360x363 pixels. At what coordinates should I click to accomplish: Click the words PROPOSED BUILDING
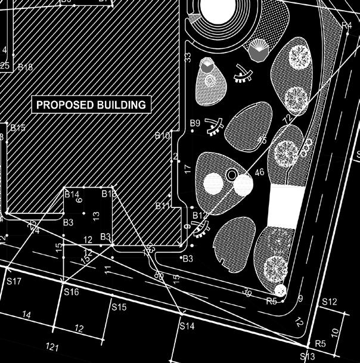[91, 105]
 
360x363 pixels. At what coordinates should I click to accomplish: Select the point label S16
[71, 292]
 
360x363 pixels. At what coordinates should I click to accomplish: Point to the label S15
[119, 308]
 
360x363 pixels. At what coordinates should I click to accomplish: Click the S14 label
[187, 327]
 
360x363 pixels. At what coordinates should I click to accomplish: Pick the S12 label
[329, 302]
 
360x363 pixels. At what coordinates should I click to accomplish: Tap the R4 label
[347, 25]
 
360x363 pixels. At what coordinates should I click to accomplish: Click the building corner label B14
[72, 195]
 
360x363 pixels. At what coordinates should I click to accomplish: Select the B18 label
[25, 67]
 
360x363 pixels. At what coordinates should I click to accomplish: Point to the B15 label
[18, 128]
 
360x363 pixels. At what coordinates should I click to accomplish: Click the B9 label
[195, 123]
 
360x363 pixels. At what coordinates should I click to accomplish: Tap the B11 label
[163, 206]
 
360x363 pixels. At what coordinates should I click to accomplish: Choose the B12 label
[200, 215]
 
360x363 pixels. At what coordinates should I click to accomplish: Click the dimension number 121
[54, 347]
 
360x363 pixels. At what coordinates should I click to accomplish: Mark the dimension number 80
[159, 275]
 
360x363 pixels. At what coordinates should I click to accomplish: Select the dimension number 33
[188, 57]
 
